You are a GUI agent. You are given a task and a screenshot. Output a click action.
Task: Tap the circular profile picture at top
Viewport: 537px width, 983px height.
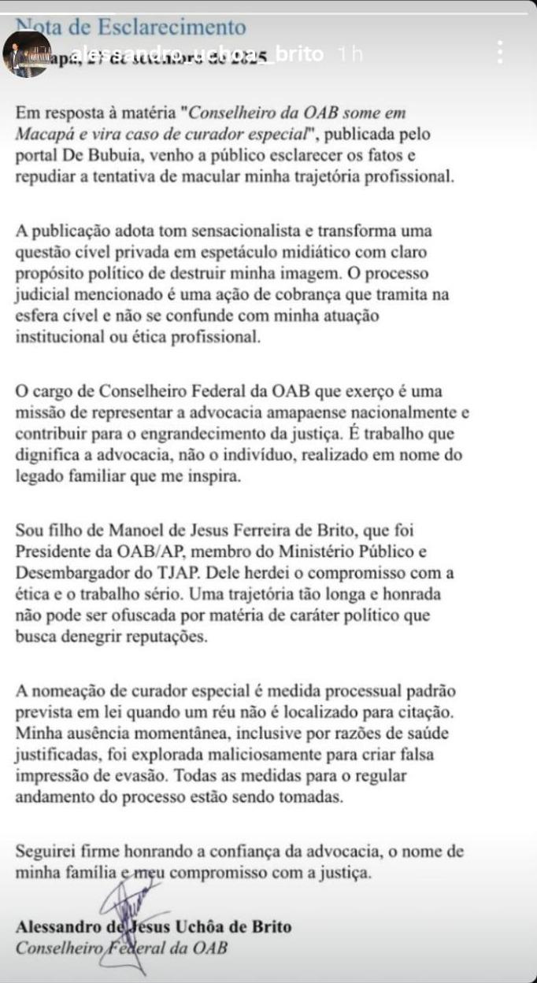28,54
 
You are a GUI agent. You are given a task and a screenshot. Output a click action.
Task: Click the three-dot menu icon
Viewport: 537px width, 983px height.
500,53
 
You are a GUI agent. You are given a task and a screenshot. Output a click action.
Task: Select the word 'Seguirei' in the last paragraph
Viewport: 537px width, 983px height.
45,852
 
